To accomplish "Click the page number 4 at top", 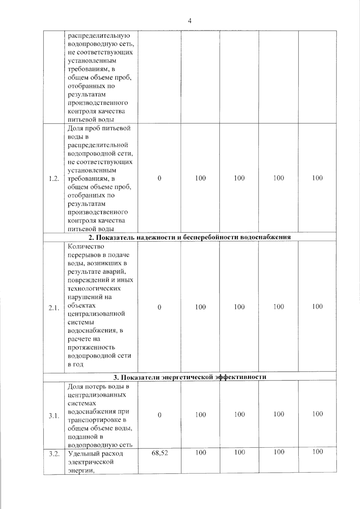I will click(189, 21).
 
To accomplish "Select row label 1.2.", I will click(54, 179).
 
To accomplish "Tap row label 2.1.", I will click(54, 307).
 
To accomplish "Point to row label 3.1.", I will click(54, 416).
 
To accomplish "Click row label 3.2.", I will click(54, 453).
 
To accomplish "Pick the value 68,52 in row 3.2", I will click(160, 453).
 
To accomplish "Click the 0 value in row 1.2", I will click(159, 178).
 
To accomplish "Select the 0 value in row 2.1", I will click(159, 307).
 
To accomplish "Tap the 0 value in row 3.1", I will click(159, 415).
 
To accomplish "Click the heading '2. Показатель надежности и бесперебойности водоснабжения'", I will click(189, 237).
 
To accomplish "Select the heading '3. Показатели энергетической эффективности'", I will click(189, 377).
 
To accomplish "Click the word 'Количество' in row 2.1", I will click(86, 247).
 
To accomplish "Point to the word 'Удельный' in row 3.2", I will click(83, 453).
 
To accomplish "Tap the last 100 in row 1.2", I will click(317, 178).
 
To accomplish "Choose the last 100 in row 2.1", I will click(317, 306).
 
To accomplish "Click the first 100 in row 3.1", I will click(200, 415).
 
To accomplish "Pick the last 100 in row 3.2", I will click(317, 452).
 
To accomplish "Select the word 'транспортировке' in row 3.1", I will click(94, 420).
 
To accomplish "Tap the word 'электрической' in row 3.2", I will click(91, 462).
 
